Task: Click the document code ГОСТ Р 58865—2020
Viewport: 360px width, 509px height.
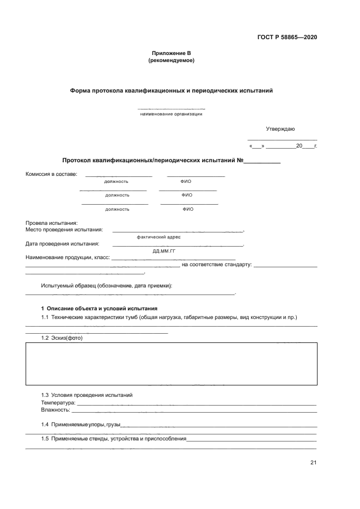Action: point(287,38)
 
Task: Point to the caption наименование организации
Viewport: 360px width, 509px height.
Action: point(171,114)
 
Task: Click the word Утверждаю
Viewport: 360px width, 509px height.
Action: point(280,129)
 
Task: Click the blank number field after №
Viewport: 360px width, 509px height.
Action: point(261,161)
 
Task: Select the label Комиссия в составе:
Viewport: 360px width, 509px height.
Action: point(51,174)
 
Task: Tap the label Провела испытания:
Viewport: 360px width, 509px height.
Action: point(52,223)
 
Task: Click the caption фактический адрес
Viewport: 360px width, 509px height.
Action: point(158,237)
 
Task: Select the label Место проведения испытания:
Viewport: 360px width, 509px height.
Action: point(64,230)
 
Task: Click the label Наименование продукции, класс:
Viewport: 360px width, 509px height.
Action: point(68,257)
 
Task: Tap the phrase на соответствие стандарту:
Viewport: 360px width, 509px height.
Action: point(216,265)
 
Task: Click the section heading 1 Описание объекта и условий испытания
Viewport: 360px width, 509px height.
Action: point(99,308)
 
